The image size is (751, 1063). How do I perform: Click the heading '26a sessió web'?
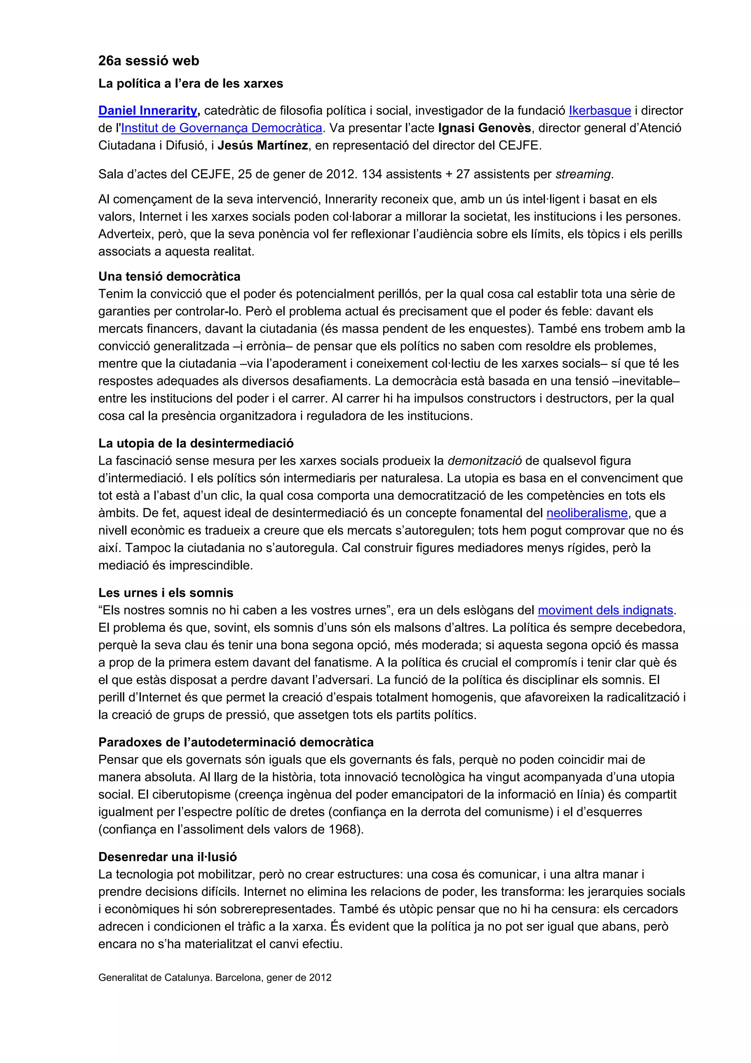point(149,61)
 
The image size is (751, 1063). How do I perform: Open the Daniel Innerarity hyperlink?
point(148,111)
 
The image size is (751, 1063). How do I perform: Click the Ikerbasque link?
point(599,111)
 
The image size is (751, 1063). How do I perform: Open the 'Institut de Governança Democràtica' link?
point(221,128)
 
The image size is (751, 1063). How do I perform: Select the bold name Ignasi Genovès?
point(484,128)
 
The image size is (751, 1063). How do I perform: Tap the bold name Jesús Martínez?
point(262,145)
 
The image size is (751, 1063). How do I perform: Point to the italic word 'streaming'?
point(583,175)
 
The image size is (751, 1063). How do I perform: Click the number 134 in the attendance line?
point(371,175)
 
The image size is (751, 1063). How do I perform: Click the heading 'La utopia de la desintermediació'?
point(196,443)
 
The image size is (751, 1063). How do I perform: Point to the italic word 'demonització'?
point(484,460)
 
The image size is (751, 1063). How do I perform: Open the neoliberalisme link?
point(587,513)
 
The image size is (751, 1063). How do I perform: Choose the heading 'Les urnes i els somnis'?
point(166,593)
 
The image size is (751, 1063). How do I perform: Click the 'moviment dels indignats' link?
point(605,610)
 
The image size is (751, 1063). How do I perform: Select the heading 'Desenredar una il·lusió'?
point(168,857)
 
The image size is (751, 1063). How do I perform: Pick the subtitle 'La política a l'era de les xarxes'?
point(191,84)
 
